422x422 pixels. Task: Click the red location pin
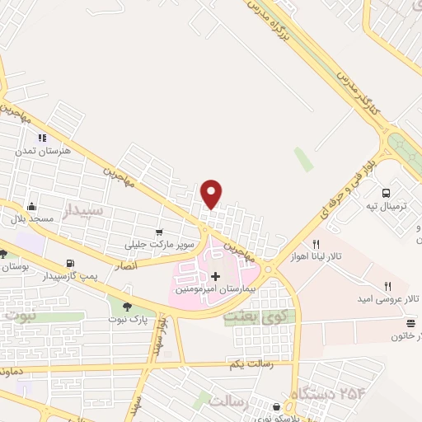point(212,194)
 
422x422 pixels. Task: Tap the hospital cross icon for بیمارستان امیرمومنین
point(216,276)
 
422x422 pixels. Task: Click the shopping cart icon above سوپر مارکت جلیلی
point(159,232)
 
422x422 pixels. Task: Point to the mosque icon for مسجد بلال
point(31,206)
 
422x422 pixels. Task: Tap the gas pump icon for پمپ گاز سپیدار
point(68,265)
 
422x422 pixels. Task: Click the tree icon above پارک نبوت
point(127,307)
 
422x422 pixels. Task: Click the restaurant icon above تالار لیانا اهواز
point(316,244)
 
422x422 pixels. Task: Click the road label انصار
point(124,265)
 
